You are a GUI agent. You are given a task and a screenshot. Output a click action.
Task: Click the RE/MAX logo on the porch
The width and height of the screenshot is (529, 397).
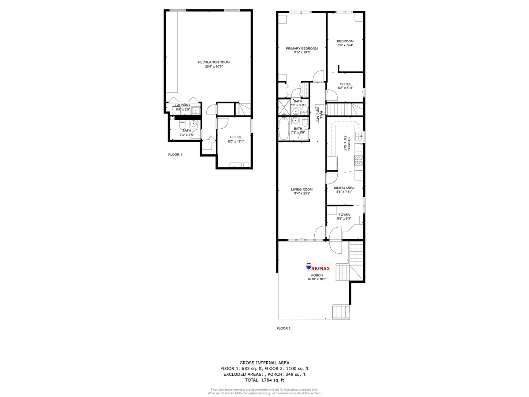(318, 268)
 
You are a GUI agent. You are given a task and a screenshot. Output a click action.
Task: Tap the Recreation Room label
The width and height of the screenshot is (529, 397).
(214, 62)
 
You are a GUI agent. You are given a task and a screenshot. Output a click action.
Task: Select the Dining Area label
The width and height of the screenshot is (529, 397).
(344, 188)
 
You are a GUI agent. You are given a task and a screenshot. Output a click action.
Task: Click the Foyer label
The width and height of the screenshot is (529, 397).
(344, 215)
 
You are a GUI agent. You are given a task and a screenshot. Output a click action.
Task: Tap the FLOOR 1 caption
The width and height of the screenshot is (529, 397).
(175, 155)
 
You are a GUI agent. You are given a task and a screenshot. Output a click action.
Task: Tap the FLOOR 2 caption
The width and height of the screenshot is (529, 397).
(283, 328)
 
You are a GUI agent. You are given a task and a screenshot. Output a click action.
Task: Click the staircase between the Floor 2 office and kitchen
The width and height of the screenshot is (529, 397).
(345, 109)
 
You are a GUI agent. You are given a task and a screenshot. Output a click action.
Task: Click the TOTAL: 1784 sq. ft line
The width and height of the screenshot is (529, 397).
(264, 380)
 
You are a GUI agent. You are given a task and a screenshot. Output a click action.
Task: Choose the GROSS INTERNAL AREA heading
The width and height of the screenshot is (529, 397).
(264, 362)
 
